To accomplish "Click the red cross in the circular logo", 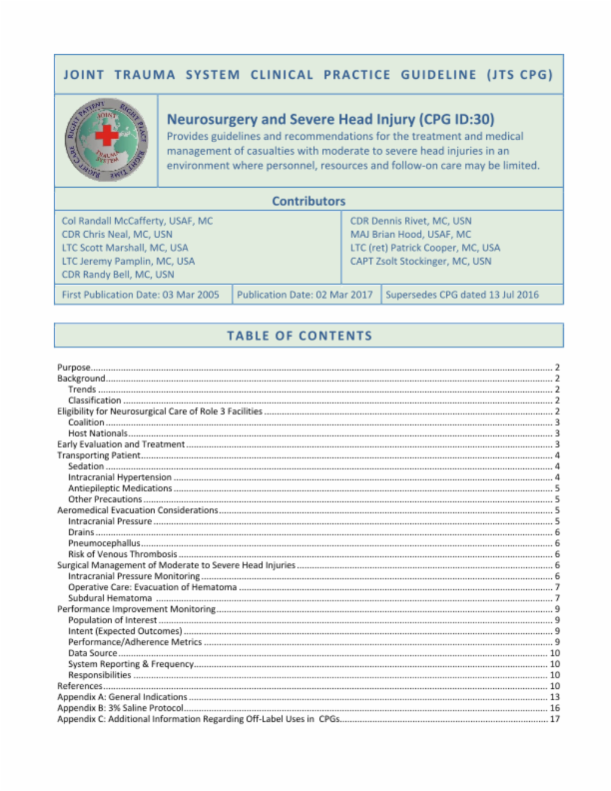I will [107, 135].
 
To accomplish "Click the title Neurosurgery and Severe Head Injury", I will [330, 119].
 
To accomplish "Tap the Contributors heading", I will [308, 201].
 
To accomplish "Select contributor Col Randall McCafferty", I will [137, 221].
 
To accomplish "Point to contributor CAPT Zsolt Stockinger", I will [421, 261].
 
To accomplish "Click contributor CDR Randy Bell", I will [118, 275].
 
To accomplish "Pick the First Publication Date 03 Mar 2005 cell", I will [141, 294].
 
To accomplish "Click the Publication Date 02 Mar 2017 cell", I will [304, 294].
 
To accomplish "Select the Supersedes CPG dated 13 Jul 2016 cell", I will [462, 294].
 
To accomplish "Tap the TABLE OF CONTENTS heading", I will [300, 336].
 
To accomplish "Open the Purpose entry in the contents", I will [74, 368].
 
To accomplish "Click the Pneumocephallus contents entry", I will [104, 543].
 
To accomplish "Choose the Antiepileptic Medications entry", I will [120, 488].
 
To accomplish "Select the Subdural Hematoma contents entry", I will [110, 598].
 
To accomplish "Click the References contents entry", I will [80, 686].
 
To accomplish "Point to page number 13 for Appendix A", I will [554, 697].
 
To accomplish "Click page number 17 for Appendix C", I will [554, 719].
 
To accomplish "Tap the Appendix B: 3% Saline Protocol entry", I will [120, 708].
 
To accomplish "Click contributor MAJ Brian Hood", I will [411, 235].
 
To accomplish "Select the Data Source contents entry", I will [92, 653].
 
